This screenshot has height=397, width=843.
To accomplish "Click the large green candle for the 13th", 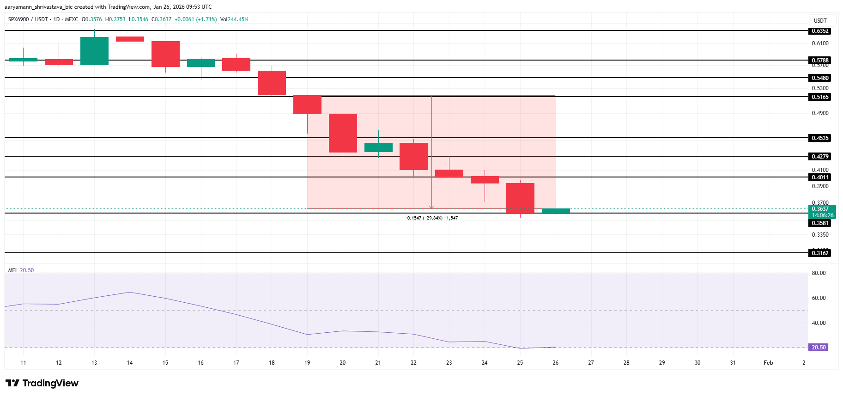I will (94, 51).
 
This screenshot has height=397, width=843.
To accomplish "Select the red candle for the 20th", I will (343, 133).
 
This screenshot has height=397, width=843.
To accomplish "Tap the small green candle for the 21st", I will (378, 147).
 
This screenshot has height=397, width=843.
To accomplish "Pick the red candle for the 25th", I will (520, 198).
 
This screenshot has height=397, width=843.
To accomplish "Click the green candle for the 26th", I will (556, 211).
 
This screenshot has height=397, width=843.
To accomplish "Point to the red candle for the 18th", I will (272, 83).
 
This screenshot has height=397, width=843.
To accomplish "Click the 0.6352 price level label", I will (820, 31).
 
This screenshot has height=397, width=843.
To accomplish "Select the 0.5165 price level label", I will (820, 97).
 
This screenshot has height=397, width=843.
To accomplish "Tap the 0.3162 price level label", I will (820, 253).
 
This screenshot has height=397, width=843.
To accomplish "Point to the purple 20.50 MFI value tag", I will (819, 348).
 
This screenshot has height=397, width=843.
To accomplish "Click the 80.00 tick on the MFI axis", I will (819, 273).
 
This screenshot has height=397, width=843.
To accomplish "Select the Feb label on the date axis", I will (768, 363).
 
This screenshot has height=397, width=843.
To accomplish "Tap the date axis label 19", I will (307, 363).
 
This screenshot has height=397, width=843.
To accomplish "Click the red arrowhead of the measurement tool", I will (431, 207).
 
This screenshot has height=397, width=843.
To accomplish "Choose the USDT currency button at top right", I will (820, 21).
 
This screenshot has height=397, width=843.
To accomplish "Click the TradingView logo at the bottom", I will (42, 383).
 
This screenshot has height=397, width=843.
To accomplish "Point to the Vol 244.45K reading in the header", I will (234, 19).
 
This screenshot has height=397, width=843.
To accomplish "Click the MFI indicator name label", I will (12, 270).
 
